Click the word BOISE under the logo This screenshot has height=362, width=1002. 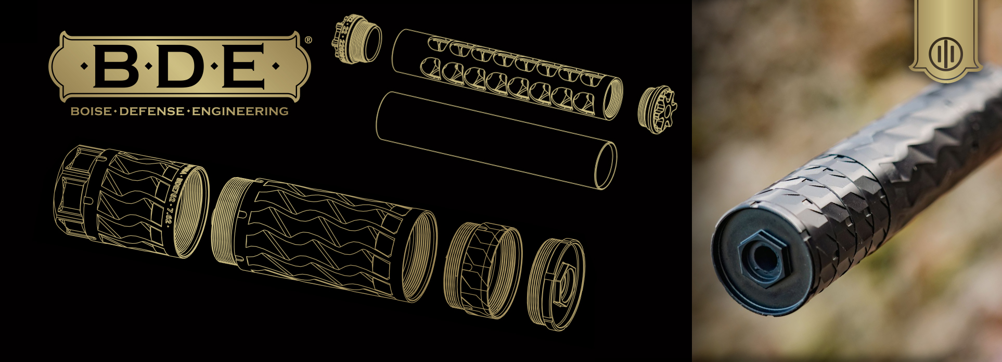[x=91, y=111]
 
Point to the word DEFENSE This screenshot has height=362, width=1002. [x=152, y=111]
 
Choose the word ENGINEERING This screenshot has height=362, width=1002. [x=240, y=111]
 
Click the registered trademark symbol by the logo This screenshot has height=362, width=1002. [x=308, y=40]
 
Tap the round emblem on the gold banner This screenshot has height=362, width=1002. [x=945, y=54]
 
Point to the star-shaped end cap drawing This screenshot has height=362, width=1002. [x=658, y=109]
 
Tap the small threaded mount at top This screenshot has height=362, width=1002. [x=356, y=39]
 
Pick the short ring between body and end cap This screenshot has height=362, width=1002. [x=483, y=269]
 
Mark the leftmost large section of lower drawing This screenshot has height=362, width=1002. [x=130, y=201]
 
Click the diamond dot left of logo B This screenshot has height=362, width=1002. [x=84, y=66]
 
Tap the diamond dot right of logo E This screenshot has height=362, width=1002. [x=276, y=66]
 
